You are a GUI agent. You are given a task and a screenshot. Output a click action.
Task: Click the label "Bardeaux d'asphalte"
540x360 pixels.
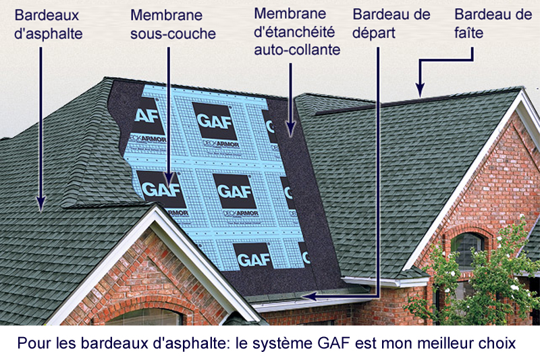click(x=48, y=24)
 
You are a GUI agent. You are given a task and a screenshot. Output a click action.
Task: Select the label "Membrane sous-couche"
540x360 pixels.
click(x=173, y=24)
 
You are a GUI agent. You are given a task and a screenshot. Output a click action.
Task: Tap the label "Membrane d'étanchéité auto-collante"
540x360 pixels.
click(x=296, y=31)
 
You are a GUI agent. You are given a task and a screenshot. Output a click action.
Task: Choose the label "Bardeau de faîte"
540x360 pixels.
click(x=483, y=23)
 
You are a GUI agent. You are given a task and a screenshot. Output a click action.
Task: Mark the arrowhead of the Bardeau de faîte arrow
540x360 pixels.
click(x=419, y=89)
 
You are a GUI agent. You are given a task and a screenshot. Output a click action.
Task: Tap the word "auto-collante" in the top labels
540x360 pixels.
click(x=296, y=49)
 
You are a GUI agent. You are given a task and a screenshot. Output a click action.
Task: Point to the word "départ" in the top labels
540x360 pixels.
click(x=373, y=32)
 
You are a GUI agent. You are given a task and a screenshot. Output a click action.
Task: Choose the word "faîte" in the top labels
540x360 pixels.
click(x=469, y=32)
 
